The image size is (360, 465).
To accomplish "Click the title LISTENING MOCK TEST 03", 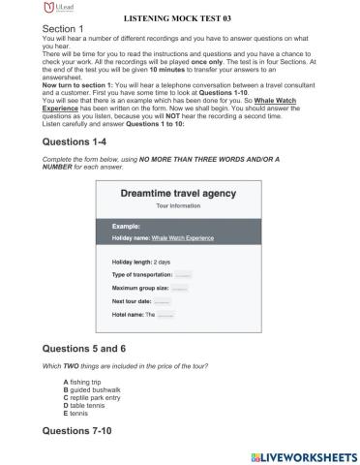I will pyautogui.click(x=179, y=17).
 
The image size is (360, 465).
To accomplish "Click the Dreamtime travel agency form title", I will pyautogui.click(x=179, y=194).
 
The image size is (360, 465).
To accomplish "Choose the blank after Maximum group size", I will pyautogui.click(x=178, y=288).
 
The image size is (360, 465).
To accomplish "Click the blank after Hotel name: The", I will pyautogui.click(x=165, y=315).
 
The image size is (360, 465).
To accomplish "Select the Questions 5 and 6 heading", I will pyautogui.click(x=95, y=346).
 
